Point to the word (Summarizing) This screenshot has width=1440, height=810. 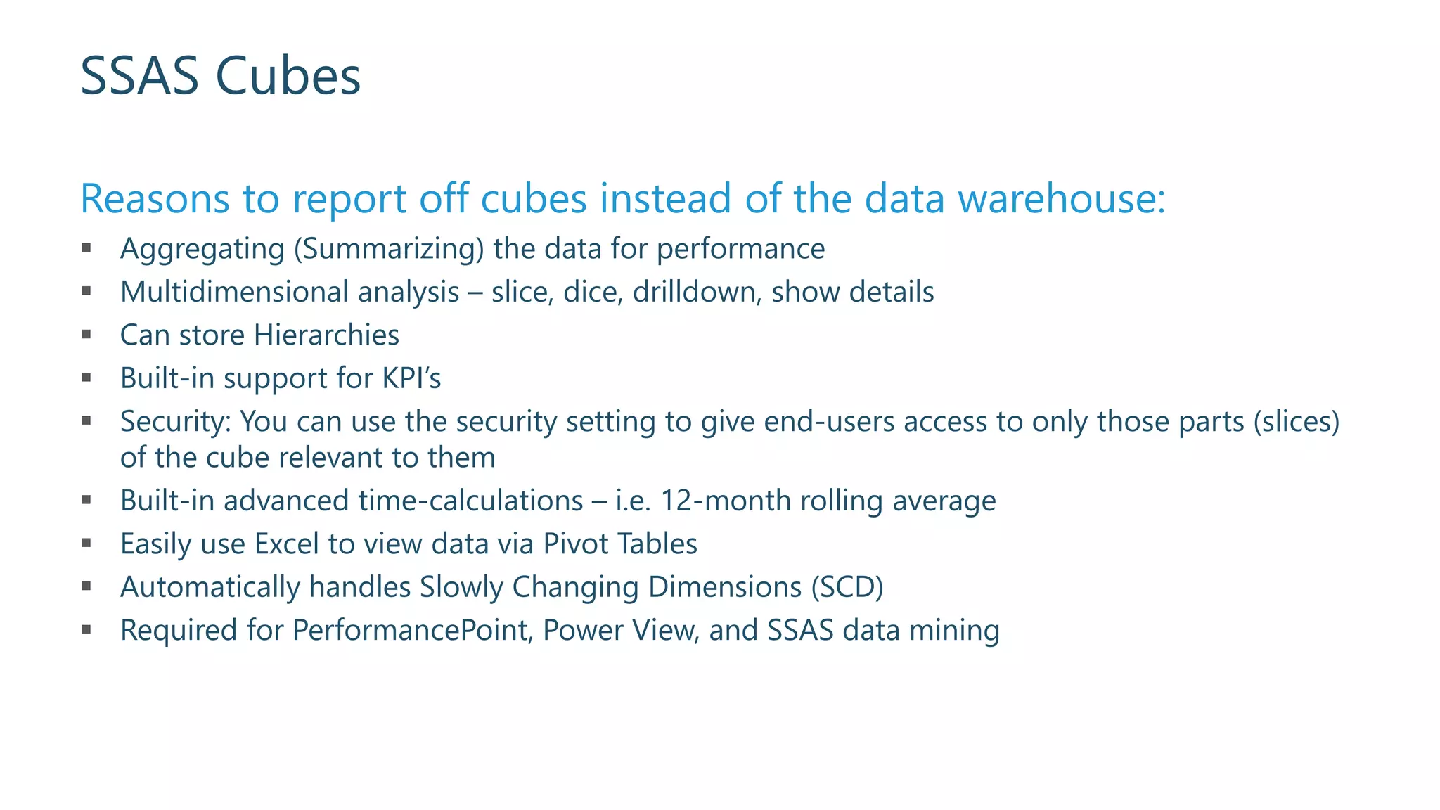click(x=389, y=249)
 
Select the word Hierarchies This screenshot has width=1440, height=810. click(x=326, y=335)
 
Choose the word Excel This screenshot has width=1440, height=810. click(x=286, y=544)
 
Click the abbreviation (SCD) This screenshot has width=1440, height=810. click(x=847, y=587)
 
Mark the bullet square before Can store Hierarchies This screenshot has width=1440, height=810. click(x=86, y=335)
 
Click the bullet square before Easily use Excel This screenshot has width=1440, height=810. click(x=86, y=543)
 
